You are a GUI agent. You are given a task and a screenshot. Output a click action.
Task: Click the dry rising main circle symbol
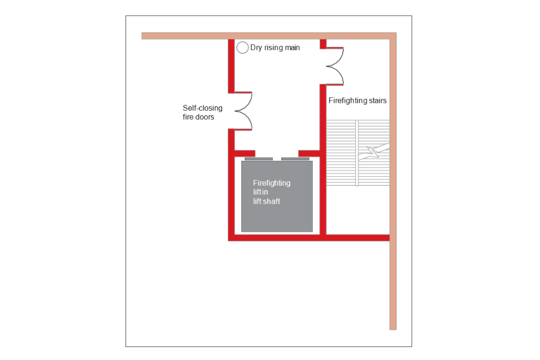point(242,48)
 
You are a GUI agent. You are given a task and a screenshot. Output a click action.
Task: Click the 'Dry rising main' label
point(275,48)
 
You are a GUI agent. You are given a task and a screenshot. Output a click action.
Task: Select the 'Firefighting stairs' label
point(358,101)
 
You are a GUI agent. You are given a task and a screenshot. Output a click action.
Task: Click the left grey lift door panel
point(259,159)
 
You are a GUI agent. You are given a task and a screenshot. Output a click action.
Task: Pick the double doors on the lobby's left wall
point(242,111)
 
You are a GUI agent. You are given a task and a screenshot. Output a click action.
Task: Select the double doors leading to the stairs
point(335,66)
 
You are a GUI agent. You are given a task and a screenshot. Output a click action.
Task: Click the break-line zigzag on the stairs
point(373,152)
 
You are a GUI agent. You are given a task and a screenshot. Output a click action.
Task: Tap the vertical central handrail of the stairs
point(357,152)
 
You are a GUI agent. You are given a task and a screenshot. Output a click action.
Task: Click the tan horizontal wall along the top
point(264,35)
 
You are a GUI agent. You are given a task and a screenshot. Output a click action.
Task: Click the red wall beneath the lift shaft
point(276,238)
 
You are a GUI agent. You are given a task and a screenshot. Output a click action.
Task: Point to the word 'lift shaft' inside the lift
point(267,201)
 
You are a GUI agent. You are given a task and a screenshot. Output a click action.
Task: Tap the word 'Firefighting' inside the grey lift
point(272,183)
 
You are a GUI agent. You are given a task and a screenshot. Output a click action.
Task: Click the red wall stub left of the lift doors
point(244,154)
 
